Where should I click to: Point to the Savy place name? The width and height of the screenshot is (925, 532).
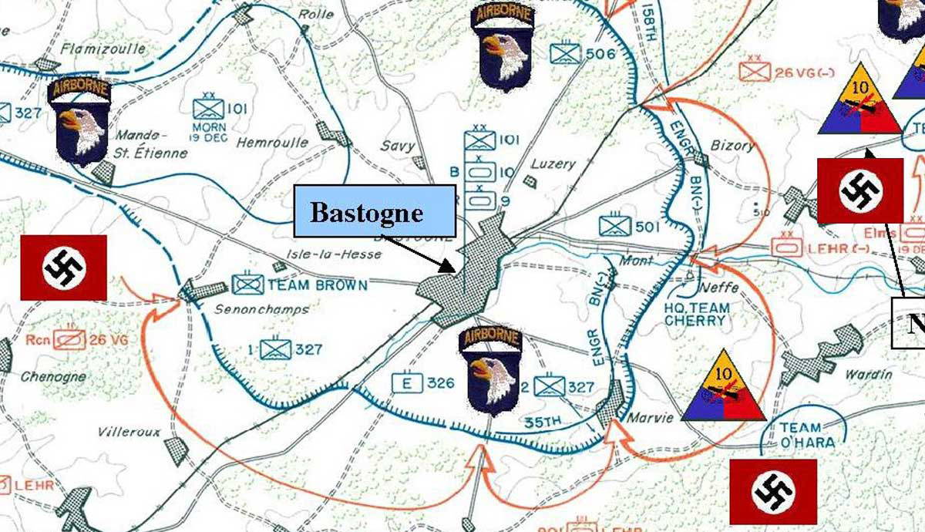click(397, 146)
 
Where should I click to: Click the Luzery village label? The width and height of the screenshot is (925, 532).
click(553, 164)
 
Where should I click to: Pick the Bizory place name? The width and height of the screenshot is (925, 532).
click(732, 145)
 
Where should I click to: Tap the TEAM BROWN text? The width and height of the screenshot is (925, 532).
click(318, 285)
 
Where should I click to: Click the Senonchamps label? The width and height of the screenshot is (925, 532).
click(254, 310)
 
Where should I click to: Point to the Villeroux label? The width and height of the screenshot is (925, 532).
click(129, 432)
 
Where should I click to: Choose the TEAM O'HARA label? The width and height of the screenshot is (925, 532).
click(801, 435)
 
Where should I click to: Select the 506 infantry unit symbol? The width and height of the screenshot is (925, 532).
click(566, 53)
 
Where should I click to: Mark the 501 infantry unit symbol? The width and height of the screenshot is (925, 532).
click(615, 225)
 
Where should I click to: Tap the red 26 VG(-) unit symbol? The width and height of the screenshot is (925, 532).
click(755, 71)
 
